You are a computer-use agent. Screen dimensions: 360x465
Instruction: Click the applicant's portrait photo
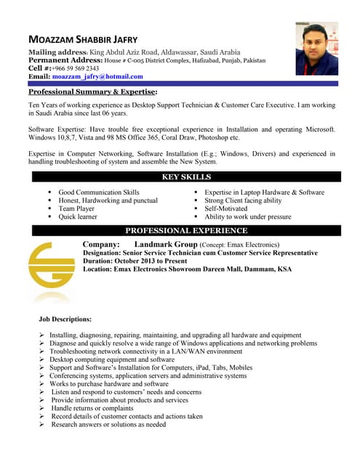(x=316, y=48)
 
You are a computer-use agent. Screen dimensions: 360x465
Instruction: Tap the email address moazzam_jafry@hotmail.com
(x=97, y=76)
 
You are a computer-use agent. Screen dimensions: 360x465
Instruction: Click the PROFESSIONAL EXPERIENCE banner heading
(x=187, y=231)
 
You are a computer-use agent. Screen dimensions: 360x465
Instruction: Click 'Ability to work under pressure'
(x=248, y=217)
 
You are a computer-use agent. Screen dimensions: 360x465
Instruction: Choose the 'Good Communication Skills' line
(x=99, y=192)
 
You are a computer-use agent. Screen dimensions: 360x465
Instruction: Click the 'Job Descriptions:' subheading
(x=65, y=319)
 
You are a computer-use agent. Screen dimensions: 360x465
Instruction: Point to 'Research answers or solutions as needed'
(x=108, y=424)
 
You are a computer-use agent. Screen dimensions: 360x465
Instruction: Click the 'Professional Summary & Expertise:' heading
(x=92, y=92)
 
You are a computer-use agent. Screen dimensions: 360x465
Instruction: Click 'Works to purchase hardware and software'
(x=108, y=384)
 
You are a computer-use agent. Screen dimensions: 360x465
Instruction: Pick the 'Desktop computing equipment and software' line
(x=112, y=359)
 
